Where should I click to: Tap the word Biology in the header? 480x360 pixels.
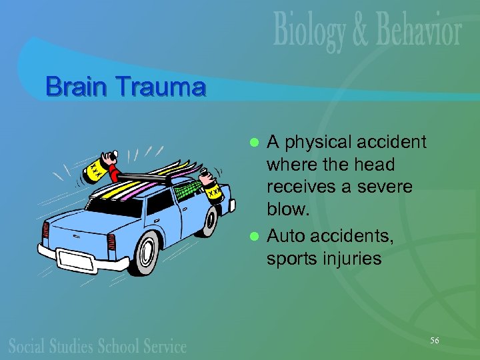[309, 32]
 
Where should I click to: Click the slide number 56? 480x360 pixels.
[434, 341]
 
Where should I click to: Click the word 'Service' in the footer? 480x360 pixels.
[163, 345]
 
